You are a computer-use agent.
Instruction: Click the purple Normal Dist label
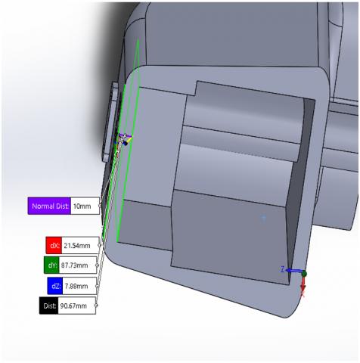coord(49,206)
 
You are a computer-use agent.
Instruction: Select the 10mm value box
coord(85,206)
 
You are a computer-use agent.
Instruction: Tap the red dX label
coord(54,245)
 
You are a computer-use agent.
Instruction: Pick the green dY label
coord(51,265)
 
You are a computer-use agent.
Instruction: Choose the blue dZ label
coord(55,286)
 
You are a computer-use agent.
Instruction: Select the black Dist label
coord(49,306)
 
